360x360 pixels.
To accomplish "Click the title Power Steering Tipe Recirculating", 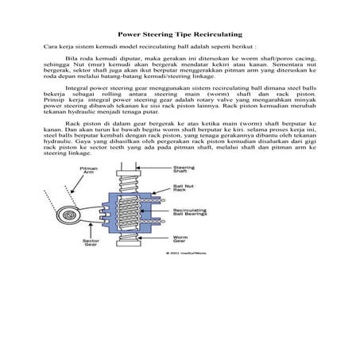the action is click(x=180, y=34).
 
